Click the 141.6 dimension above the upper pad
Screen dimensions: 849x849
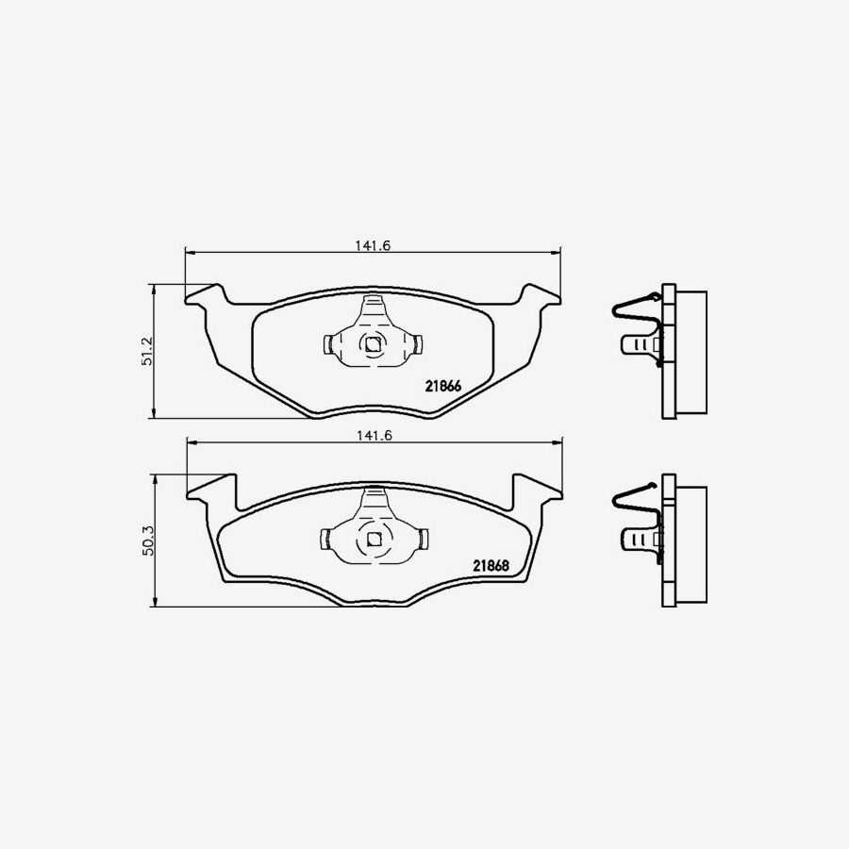(373, 245)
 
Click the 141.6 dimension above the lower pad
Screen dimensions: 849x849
(373, 435)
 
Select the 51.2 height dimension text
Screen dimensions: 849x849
(146, 350)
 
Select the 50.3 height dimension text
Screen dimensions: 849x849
(146, 540)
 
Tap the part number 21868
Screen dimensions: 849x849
(491, 566)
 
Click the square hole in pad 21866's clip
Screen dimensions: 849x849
(373, 344)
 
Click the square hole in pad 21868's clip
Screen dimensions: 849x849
(373, 540)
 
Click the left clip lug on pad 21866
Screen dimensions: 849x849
(329, 344)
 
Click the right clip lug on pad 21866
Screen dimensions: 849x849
(416, 344)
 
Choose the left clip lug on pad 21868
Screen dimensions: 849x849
(326, 540)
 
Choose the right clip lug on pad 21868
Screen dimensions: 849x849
(421, 540)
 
